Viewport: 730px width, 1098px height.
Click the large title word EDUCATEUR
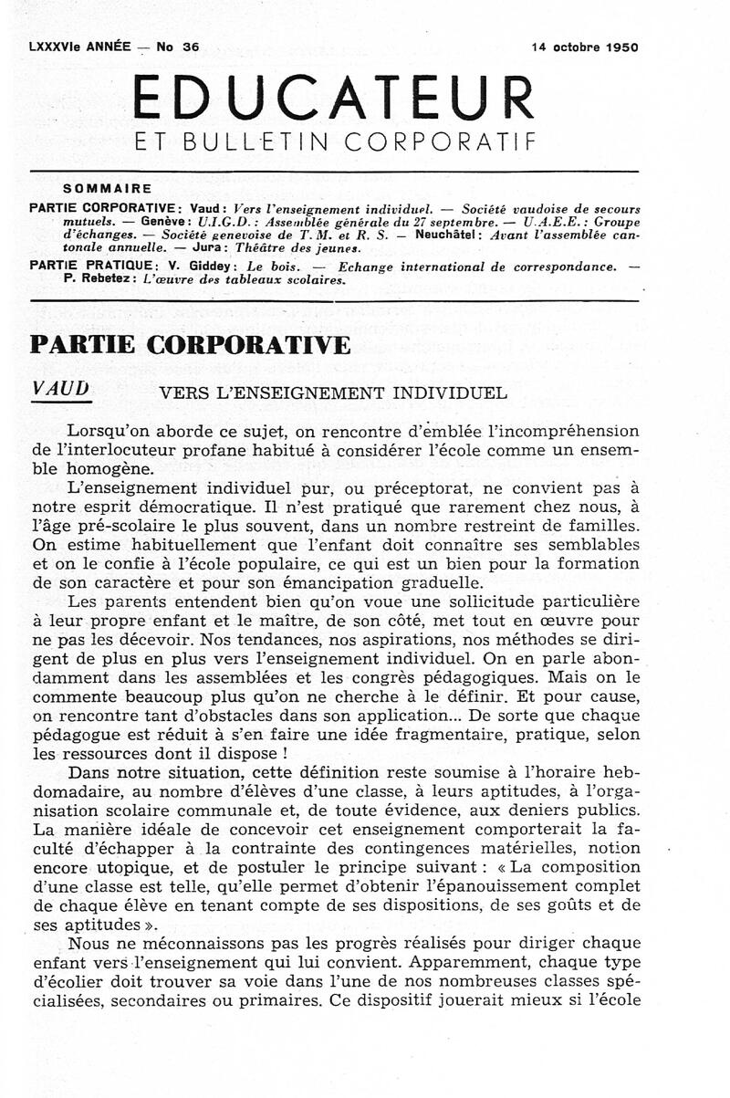coord(332,98)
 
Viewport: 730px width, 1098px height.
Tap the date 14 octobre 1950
coord(585,47)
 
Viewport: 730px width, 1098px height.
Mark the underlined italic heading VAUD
coord(60,388)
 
